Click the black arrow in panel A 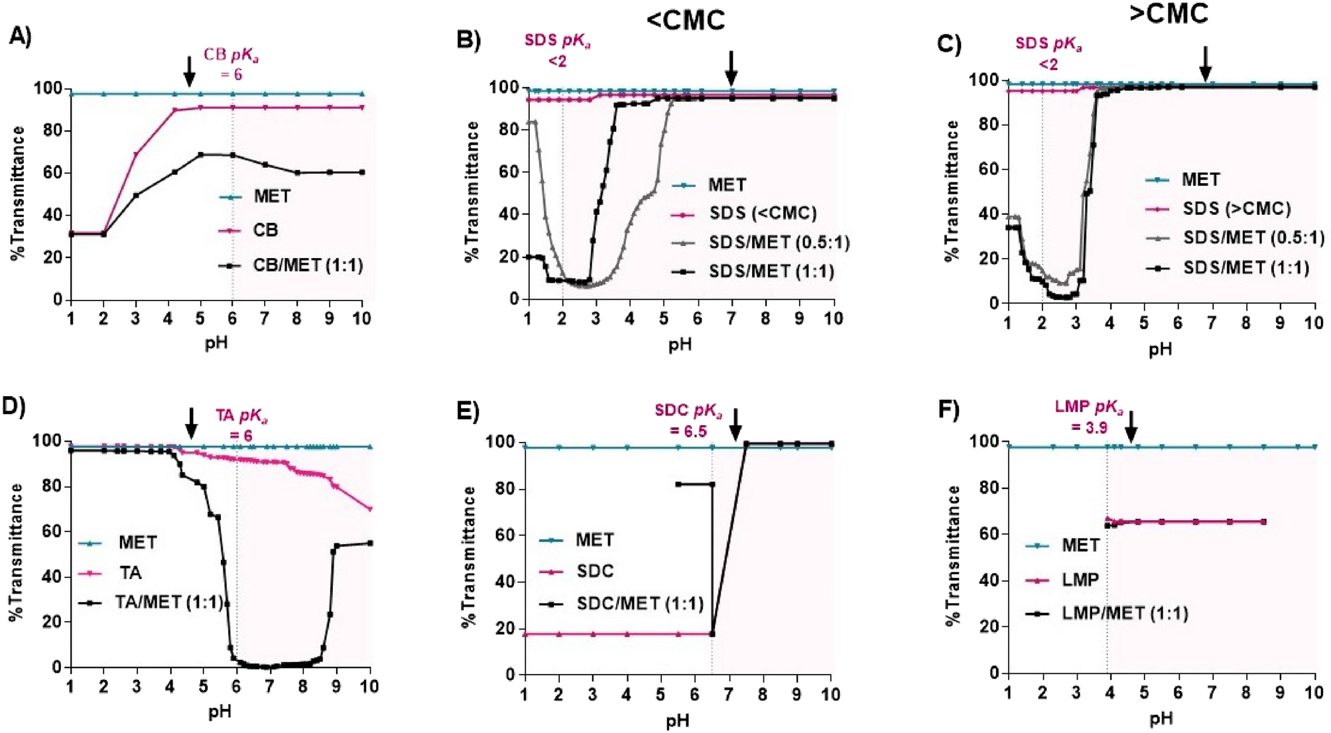tap(189, 72)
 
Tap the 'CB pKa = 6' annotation tap(231, 64)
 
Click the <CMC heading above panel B tap(686, 20)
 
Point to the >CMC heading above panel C tap(1169, 13)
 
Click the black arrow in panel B tap(731, 68)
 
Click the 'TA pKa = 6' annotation tap(241, 425)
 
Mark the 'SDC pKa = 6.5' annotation tap(688, 420)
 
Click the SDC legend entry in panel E tap(595, 570)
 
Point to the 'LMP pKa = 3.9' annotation tap(1089, 417)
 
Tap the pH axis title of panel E tap(678, 720)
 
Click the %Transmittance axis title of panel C tap(952, 190)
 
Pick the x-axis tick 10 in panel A tap(361, 318)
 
